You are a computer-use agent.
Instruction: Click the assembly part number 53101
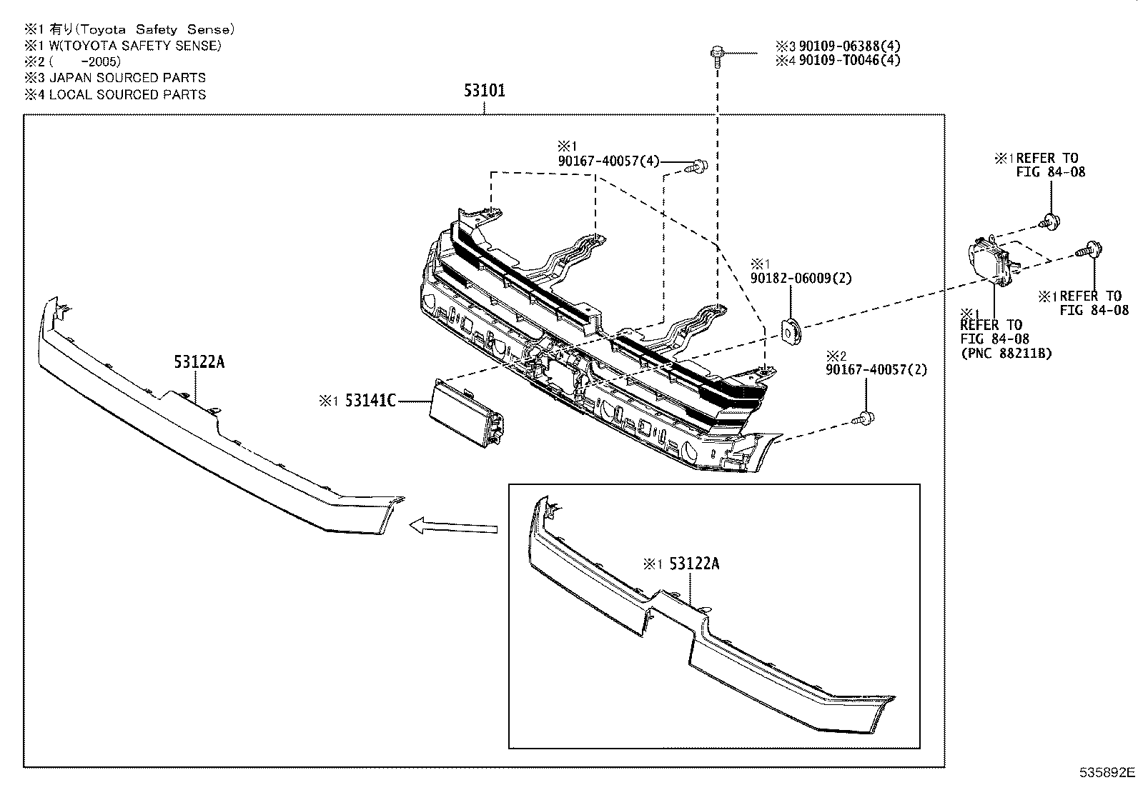pyautogui.click(x=484, y=91)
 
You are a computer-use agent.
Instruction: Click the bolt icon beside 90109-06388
pyautogui.click(x=716, y=54)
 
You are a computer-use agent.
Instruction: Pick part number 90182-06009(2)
pyautogui.click(x=801, y=279)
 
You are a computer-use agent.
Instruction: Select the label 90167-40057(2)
pyautogui.click(x=876, y=370)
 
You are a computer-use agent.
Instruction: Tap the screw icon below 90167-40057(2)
pyautogui.click(x=866, y=418)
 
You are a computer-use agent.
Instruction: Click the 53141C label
pyautogui.click(x=370, y=401)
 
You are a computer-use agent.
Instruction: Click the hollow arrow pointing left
pyautogui.click(x=453, y=527)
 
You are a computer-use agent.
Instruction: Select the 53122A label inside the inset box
pyautogui.click(x=693, y=564)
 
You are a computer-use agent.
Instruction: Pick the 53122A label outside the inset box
pyautogui.click(x=199, y=362)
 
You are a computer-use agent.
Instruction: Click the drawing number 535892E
pyautogui.click(x=1106, y=772)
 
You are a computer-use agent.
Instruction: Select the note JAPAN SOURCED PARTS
pyautogui.click(x=127, y=78)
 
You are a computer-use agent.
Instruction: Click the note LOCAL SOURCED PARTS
pyautogui.click(x=127, y=94)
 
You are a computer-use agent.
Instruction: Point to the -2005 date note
pyautogui.click(x=99, y=61)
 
